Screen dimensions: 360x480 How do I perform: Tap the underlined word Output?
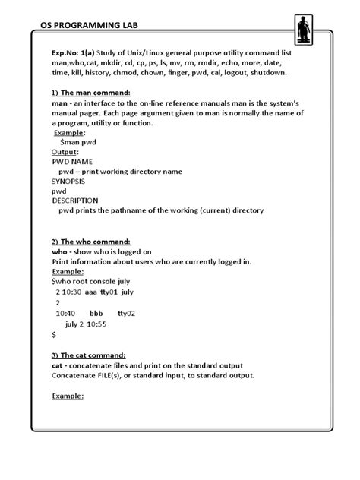pyautogui.click(x=65, y=152)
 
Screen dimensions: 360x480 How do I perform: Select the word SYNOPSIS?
pyautogui.click(x=70, y=182)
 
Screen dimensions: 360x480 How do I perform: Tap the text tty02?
pyautogui.click(x=127, y=313)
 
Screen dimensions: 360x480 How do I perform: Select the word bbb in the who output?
pyautogui.click(x=96, y=313)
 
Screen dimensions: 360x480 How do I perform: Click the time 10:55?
pyautogui.click(x=96, y=324)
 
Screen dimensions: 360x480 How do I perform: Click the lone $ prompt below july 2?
pyautogui.click(x=54, y=333)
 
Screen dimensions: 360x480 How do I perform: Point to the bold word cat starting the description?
pyautogui.click(x=58, y=365)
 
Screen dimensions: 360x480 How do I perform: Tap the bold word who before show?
pyautogui.click(x=61, y=251)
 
